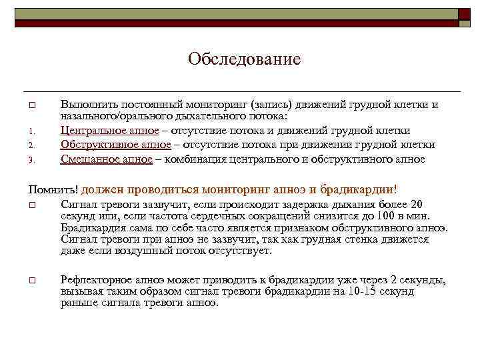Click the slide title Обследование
[244, 60]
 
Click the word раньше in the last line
[77, 303]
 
